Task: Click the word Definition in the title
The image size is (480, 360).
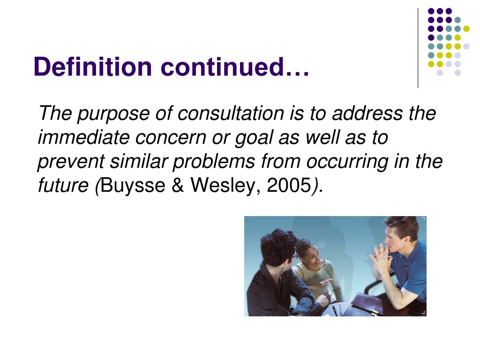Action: coord(93,67)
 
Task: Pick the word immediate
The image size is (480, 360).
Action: coord(83,138)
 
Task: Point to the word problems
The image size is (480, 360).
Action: coord(213,162)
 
